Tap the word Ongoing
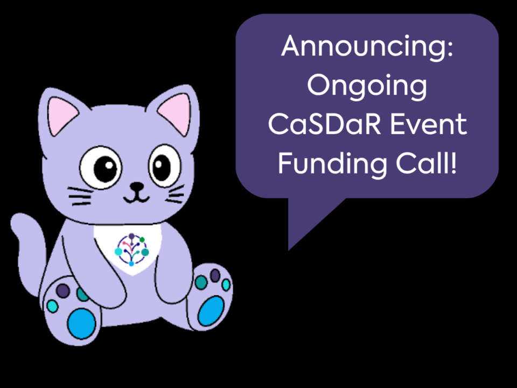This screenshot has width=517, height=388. pos(367,86)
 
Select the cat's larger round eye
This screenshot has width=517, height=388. pos(101,167)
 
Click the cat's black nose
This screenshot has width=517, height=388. pos(137,187)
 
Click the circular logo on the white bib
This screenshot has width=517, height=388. pos(131,250)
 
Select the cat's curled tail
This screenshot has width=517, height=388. pos(30,251)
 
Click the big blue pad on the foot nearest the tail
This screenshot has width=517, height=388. pos(81,324)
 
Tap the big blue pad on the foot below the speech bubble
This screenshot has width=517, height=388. pos(211,310)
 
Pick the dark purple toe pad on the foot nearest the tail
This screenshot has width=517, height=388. pos(63,290)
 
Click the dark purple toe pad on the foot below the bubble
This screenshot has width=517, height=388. pos(215,275)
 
